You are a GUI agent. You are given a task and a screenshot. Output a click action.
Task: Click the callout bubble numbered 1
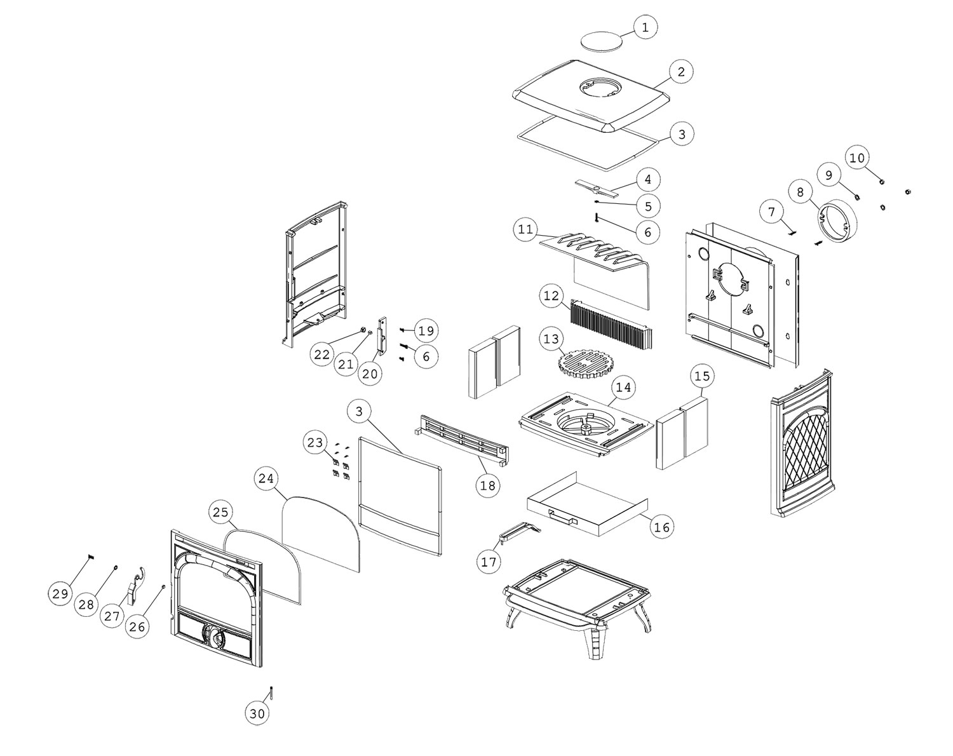pos(645,27)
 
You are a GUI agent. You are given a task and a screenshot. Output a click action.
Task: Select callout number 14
pos(624,387)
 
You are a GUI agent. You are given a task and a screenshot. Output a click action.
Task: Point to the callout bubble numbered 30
pos(257,713)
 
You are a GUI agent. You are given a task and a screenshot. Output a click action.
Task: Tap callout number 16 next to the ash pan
pos(661,527)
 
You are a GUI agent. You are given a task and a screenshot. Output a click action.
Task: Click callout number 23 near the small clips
pos(316,443)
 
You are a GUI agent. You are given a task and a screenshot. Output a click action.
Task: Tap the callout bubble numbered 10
pos(858,158)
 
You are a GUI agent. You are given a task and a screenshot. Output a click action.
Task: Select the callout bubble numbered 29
pos(60,594)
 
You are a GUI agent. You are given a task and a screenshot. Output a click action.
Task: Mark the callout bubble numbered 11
pos(525,229)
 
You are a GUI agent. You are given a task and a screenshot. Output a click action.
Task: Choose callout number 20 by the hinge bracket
pos(370,374)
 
